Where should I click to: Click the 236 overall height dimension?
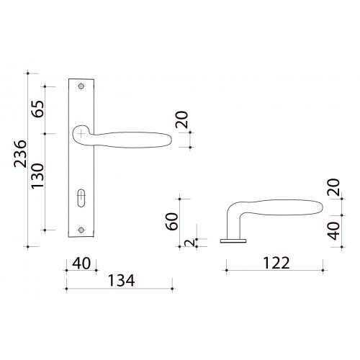(x=20, y=153)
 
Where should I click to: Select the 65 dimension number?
(x=38, y=109)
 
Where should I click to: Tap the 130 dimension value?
(x=38, y=176)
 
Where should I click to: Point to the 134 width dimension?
(x=122, y=280)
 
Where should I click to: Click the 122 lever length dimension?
(x=276, y=263)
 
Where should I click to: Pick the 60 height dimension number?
(x=172, y=222)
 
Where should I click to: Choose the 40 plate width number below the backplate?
(x=81, y=264)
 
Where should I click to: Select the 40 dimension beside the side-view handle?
(x=334, y=231)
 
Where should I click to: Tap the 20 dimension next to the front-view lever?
(x=181, y=120)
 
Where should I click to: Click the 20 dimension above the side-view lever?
(x=334, y=187)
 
